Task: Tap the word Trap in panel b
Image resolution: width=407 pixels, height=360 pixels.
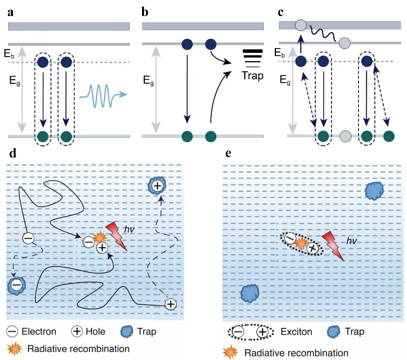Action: click(252, 75)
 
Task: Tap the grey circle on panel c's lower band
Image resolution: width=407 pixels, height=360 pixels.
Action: click(345, 136)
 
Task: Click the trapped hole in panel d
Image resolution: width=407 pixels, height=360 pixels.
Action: click(157, 186)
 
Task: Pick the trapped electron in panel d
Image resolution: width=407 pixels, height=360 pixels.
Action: click(16, 286)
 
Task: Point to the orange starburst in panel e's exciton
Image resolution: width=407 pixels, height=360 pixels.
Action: click(301, 244)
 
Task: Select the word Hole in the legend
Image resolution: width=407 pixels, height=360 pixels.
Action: click(95, 331)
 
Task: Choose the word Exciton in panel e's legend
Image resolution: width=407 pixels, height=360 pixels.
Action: click(296, 332)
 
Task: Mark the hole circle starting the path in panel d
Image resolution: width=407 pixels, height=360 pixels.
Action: click(170, 304)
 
